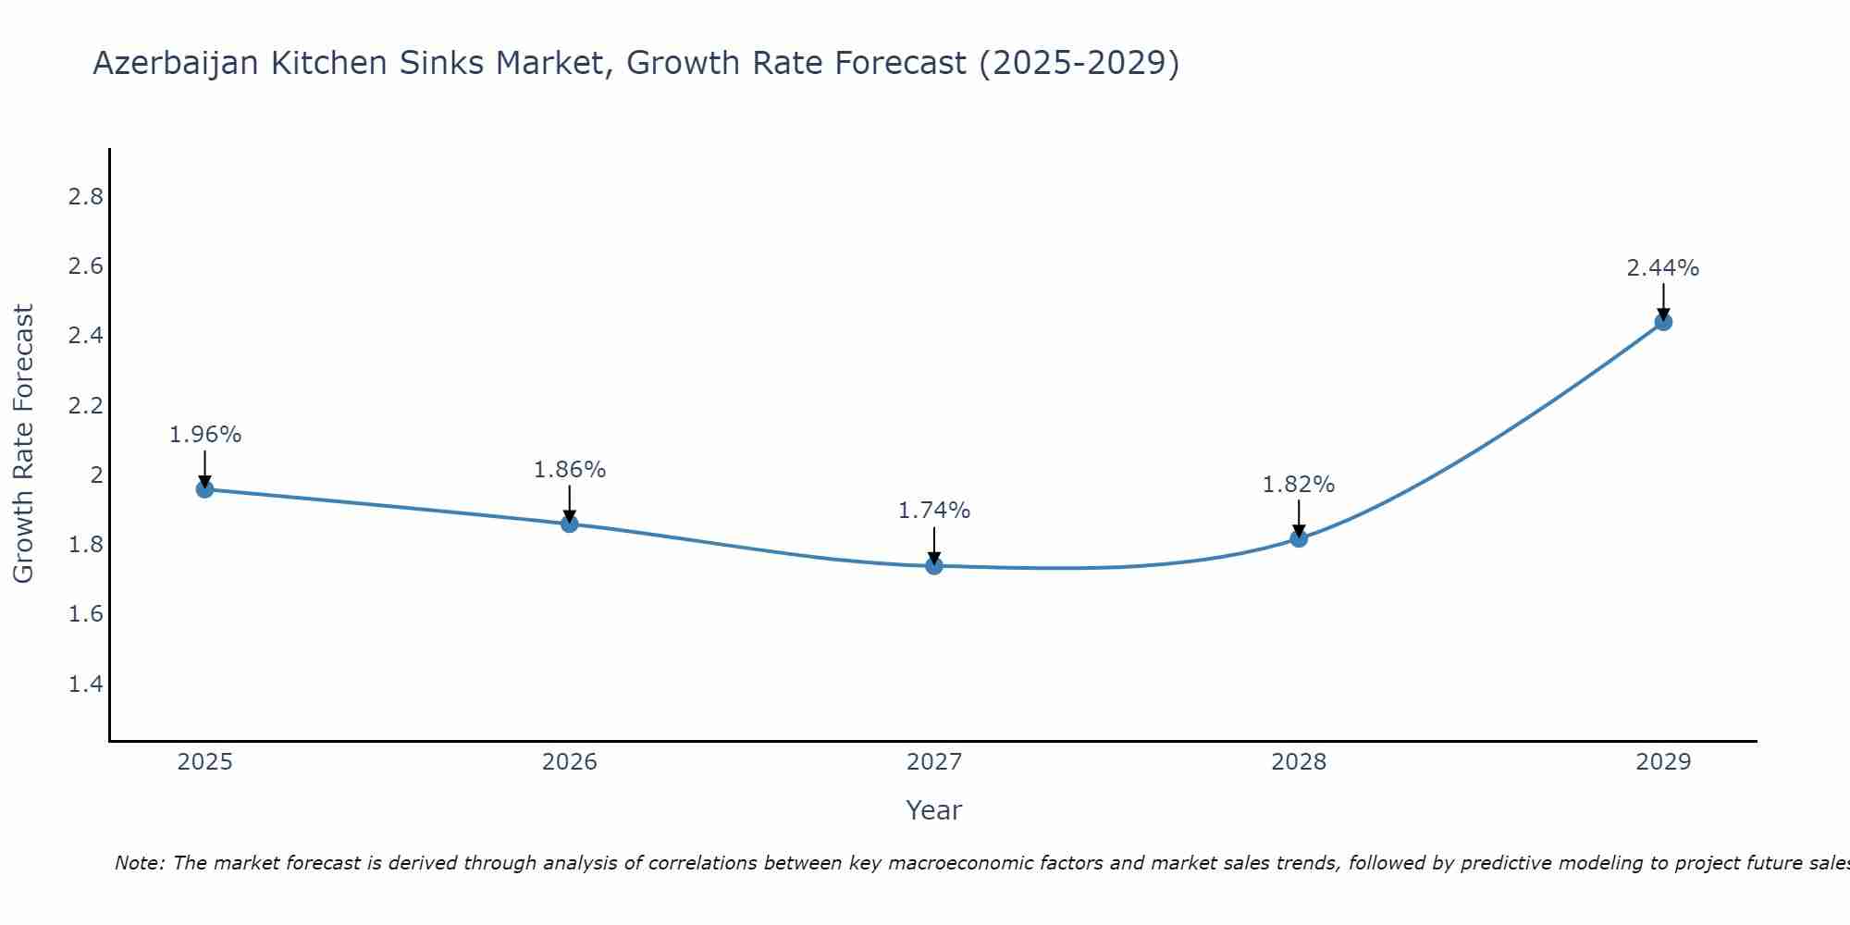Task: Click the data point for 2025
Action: (205, 489)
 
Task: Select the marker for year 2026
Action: (570, 524)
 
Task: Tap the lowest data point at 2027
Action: (934, 565)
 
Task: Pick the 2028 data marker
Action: (1299, 537)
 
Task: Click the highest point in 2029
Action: (1663, 322)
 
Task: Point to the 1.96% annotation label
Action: (205, 435)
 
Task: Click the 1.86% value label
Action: (570, 470)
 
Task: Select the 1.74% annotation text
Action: (934, 511)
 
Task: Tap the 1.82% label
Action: (1299, 485)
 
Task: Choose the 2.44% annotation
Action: (1663, 268)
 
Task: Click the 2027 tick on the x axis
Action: (934, 762)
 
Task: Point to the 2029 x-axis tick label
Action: (1663, 762)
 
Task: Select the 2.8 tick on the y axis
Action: (86, 197)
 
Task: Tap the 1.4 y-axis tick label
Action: (86, 684)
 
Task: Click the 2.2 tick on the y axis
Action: (86, 406)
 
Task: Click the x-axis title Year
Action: (934, 810)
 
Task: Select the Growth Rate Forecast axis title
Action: (23, 444)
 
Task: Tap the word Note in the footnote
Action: (139, 863)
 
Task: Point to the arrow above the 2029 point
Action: (1663, 301)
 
